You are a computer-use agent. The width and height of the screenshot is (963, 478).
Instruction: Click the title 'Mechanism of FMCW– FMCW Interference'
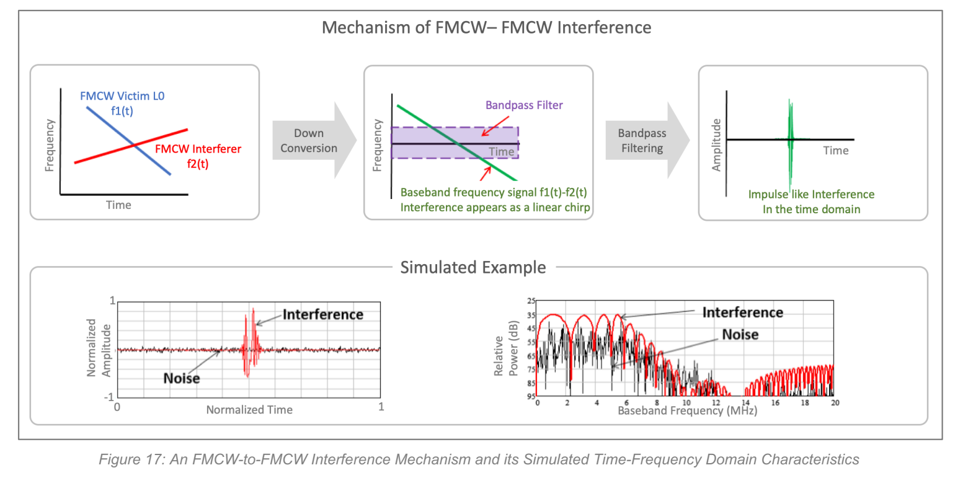[x=487, y=27]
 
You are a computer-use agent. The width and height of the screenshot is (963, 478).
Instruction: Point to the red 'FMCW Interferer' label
[x=198, y=149]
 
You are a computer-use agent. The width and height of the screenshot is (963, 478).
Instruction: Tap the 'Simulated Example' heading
[x=473, y=267]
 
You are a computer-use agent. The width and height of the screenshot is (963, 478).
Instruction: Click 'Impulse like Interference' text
[x=812, y=195]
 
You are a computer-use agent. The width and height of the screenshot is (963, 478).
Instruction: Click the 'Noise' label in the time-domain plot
[x=182, y=378]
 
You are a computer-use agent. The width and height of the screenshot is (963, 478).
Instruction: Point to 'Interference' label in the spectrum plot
[x=742, y=312]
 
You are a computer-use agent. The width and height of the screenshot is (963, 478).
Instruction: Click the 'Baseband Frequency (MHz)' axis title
[x=687, y=411]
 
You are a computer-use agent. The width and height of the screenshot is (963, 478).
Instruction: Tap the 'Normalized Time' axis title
[x=249, y=410]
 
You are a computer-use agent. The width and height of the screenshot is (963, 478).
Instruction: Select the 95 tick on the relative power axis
[x=531, y=396]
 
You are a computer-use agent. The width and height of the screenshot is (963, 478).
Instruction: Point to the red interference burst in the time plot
[x=250, y=344]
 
